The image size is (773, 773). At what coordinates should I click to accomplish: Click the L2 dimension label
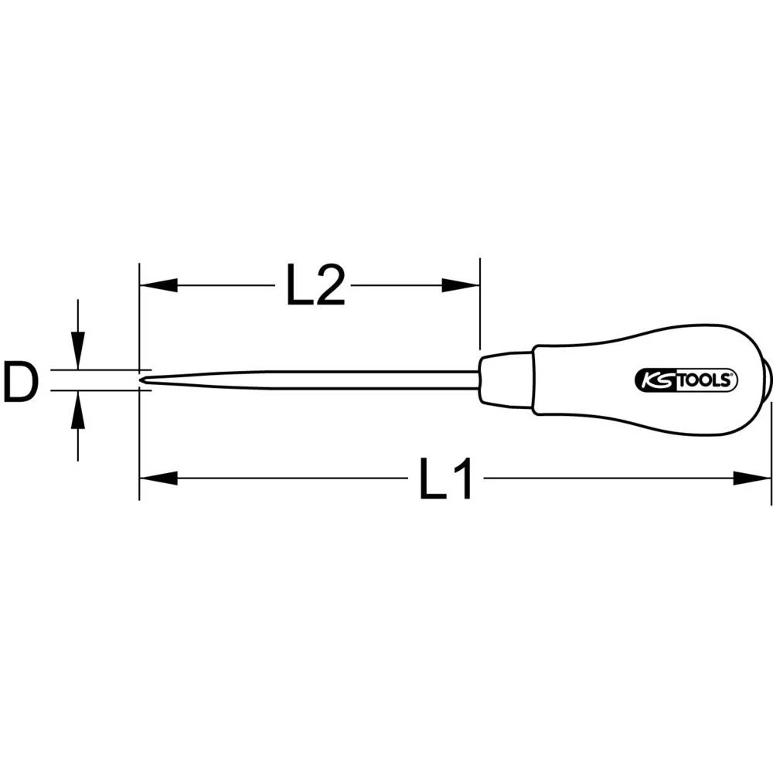pos(315,285)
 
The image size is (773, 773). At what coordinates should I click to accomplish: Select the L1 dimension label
pos(445,479)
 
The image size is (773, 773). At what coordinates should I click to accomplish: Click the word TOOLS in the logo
pos(705,380)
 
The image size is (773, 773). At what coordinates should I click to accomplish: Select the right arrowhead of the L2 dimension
pos(460,285)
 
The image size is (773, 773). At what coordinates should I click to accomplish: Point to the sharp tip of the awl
pos(144,380)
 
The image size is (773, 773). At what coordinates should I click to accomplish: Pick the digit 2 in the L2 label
pos(329,285)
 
